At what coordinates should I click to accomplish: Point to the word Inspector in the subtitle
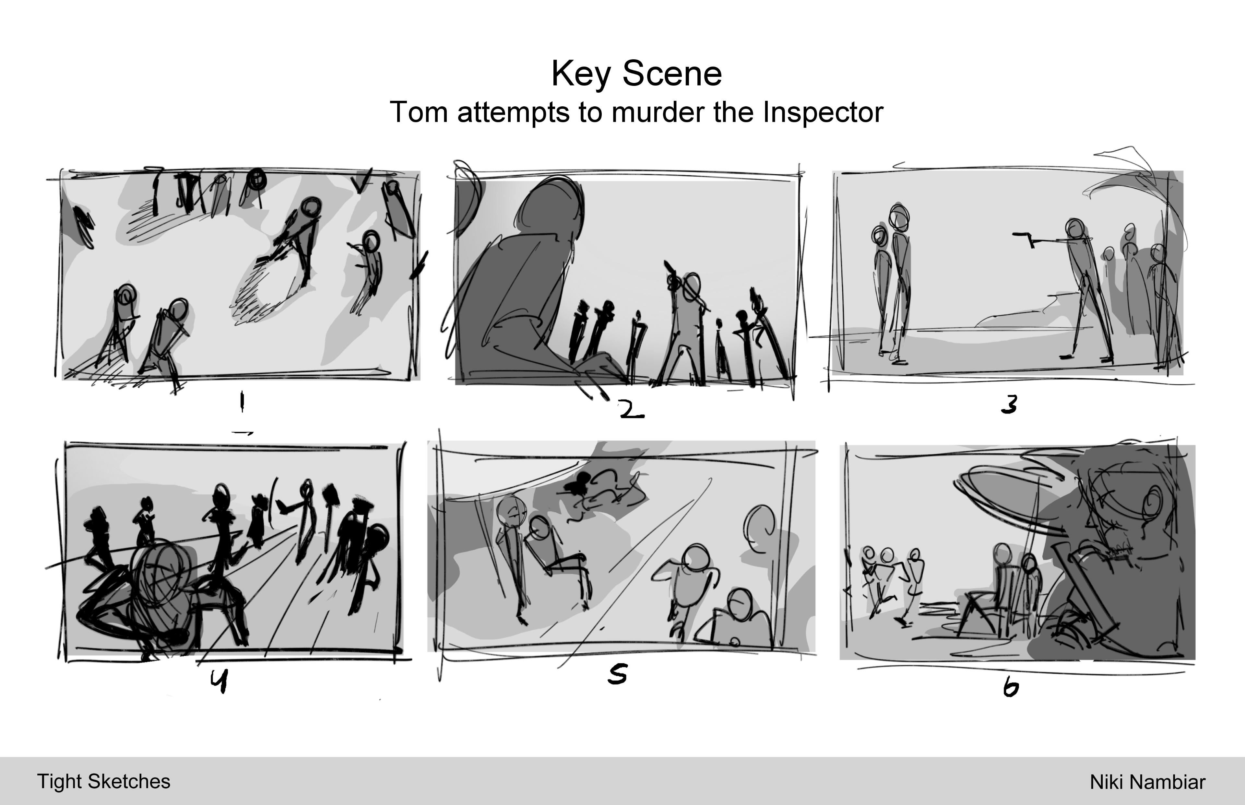(x=823, y=113)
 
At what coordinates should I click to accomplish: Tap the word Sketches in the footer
(x=129, y=781)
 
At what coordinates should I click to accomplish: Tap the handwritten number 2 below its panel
(x=631, y=410)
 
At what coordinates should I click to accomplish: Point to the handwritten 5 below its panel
(x=618, y=675)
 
